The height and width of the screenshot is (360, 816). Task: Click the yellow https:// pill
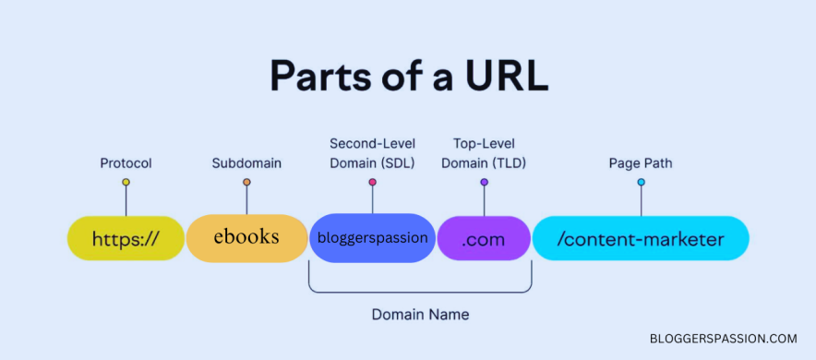pyautogui.click(x=126, y=239)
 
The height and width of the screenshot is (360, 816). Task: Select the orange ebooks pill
pyautogui.click(x=246, y=238)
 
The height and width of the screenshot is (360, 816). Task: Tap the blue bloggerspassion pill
pyautogui.click(x=372, y=238)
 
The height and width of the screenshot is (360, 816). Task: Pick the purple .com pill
pyautogui.click(x=484, y=239)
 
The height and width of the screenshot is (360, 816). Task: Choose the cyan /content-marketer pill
pyautogui.click(x=641, y=239)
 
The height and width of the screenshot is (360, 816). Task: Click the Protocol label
pyautogui.click(x=126, y=163)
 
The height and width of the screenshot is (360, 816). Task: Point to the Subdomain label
pyautogui.click(x=246, y=163)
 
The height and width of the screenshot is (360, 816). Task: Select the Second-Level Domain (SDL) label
pyautogui.click(x=372, y=153)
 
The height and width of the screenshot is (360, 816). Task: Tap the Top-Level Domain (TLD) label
pyautogui.click(x=484, y=153)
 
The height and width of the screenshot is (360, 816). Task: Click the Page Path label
pyautogui.click(x=641, y=163)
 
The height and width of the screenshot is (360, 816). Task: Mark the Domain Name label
pyautogui.click(x=420, y=315)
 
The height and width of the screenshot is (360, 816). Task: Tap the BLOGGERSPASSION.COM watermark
pyautogui.click(x=722, y=339)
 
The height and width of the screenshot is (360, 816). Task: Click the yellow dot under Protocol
pyautogui.click(x=126, y=183)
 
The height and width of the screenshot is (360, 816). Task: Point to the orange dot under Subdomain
pyautogui.click(x=246, y=183)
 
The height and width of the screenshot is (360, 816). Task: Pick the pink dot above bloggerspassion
pyautogui.click(x=372, y=183)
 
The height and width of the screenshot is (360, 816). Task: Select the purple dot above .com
pyautogui.click(x=484, y=183)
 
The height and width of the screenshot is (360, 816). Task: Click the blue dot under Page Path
pyautogui.click(x=641, y=183)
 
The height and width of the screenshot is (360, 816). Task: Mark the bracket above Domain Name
pyautogui.click(x=420, y=292)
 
